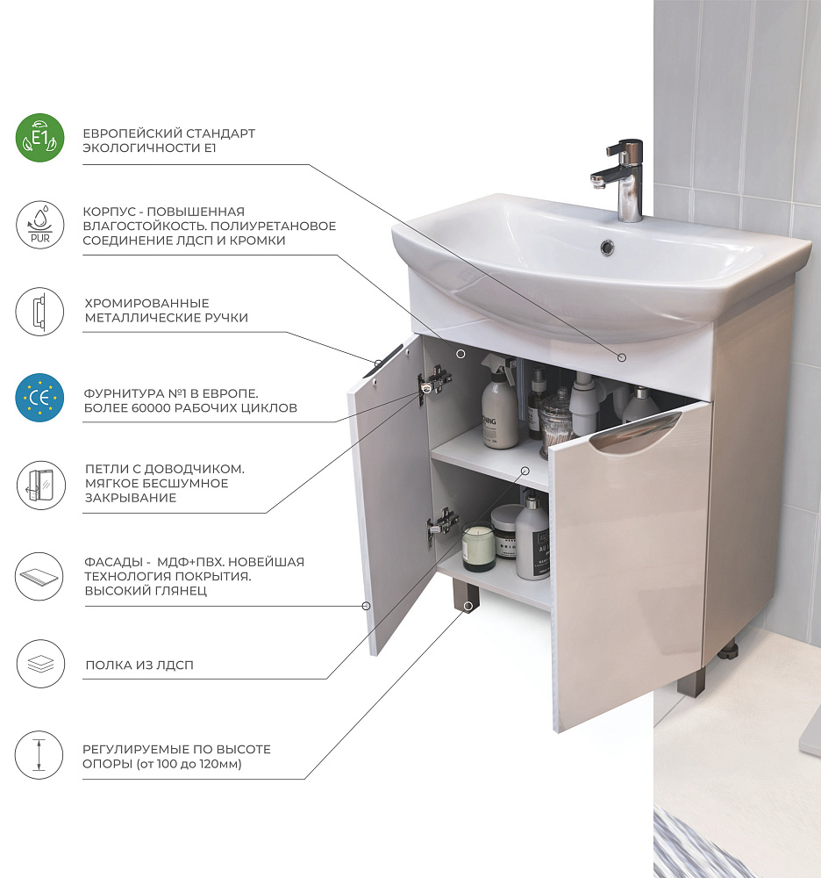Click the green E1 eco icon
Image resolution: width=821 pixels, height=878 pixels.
pyautogui.click(x=39, y=138)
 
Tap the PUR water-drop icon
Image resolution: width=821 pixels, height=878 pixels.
pyautogui.click(x=39, y=225)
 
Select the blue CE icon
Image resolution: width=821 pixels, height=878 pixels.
pyautogui.click(x=39, y=398)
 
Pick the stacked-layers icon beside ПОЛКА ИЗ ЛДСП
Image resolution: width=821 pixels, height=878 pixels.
pyautogui.click(x=40, y=664)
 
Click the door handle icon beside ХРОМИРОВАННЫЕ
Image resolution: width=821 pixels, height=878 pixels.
pyautogui.click(x=39, y=312)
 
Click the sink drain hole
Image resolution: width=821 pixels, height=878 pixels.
pyautogui.click(x=607, y=247)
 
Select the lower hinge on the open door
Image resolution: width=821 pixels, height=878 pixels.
pyautogui.click(x=442, y=523)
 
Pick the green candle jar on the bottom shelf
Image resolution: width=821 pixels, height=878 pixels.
pyautogui.click(x=478, y=548)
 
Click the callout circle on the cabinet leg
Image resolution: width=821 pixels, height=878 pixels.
pyautogui.click(x=468, y=606)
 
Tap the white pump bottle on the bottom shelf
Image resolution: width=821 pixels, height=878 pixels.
pyautogui.click(x=532, y=536)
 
